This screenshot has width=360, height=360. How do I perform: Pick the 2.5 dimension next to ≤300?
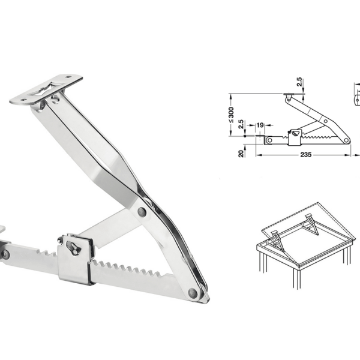tap(241, 127)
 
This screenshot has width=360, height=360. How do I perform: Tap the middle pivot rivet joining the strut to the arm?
tap(141, 212)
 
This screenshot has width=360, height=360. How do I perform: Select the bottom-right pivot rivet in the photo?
tap(193, 293)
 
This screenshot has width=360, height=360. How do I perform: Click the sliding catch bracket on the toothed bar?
tap(75, 259)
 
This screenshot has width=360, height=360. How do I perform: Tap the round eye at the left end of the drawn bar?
tap(270, 140)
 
